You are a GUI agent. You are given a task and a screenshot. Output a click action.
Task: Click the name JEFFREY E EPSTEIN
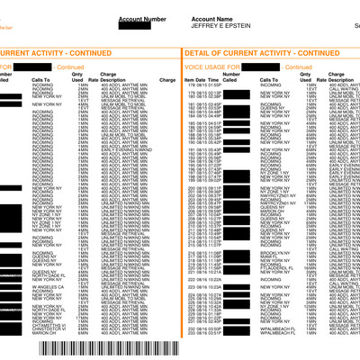pos(220,25)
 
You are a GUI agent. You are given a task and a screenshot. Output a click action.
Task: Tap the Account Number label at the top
pos(142,18)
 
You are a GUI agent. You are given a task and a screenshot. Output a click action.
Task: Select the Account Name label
pos(212,18)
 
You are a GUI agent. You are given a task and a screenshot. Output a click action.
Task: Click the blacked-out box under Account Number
pos(144,26)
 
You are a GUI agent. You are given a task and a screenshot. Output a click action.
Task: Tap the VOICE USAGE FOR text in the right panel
pos(205,67)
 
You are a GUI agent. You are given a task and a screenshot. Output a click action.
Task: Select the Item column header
pos(189,81)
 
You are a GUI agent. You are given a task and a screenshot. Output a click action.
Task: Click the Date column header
pos(202,81)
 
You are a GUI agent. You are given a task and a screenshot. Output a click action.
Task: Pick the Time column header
pos(214,81)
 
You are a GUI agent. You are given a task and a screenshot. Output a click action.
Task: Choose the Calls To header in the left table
pos(41,81)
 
